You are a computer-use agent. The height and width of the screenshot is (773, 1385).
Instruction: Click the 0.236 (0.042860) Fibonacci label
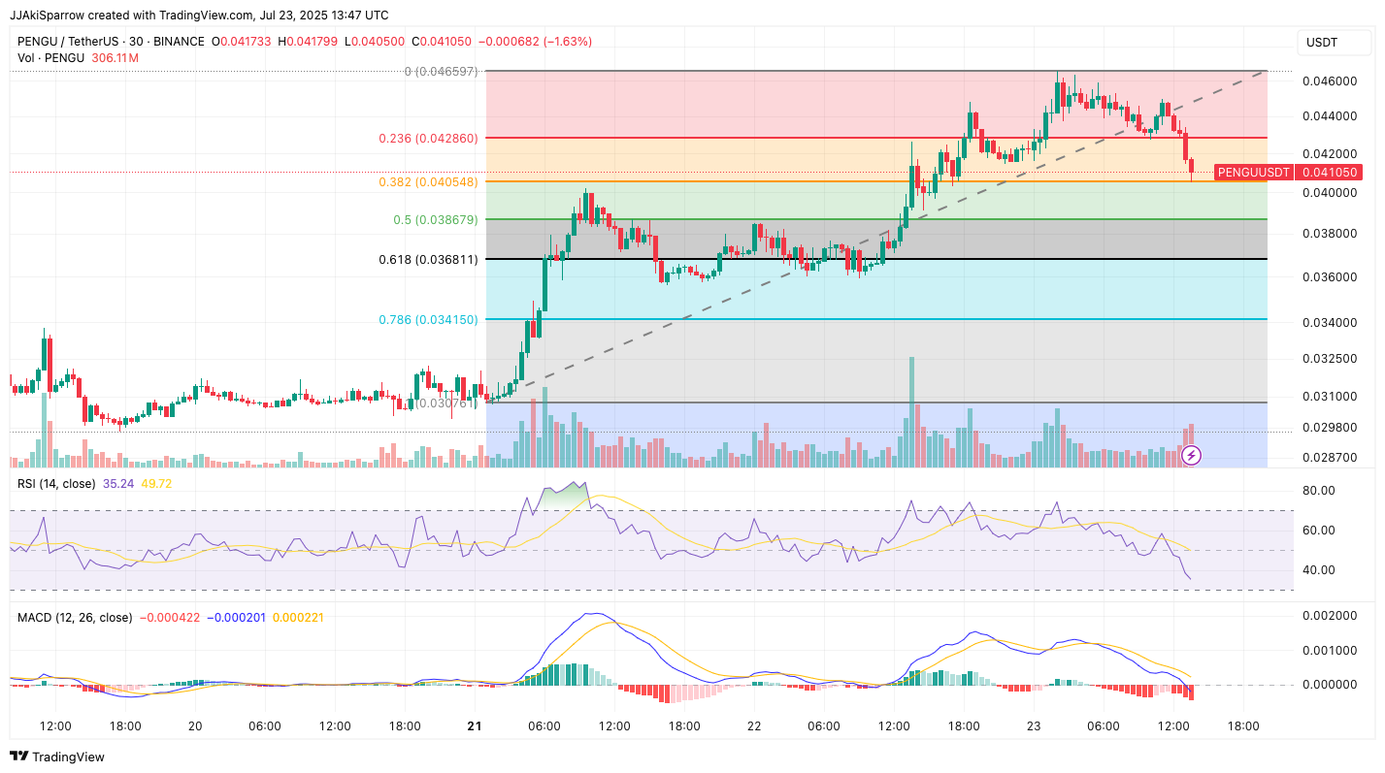pos(427,139)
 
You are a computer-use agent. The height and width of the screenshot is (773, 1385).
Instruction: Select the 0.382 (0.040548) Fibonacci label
pos(427,181)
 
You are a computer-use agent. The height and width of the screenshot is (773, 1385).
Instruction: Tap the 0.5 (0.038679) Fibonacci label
pos(435,220)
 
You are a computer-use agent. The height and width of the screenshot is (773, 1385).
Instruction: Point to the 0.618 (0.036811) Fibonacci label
pos(428,260)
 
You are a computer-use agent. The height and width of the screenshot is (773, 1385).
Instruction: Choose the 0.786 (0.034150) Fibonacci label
pos(427,319)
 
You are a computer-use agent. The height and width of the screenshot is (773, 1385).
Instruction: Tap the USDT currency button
pos(1322,43)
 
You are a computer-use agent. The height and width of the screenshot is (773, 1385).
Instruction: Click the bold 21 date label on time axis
pos(475,725)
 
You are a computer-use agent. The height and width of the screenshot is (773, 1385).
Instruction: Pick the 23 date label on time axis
pos(1033,725)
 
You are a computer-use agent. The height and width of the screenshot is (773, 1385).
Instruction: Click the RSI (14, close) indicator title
pos(56,483)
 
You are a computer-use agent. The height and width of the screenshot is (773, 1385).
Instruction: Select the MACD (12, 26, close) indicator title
pos(75,617)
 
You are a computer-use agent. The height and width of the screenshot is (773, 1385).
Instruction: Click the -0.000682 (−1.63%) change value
pos(538,42)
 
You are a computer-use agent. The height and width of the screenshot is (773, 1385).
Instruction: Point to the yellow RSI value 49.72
pos(156,483)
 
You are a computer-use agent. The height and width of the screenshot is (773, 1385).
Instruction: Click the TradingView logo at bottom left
pos(58,757)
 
